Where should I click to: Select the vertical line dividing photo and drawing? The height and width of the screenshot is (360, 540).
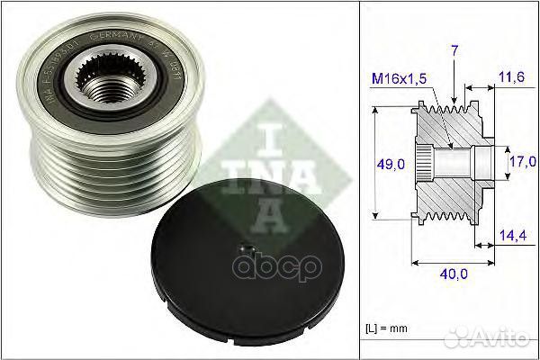(360, 180)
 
